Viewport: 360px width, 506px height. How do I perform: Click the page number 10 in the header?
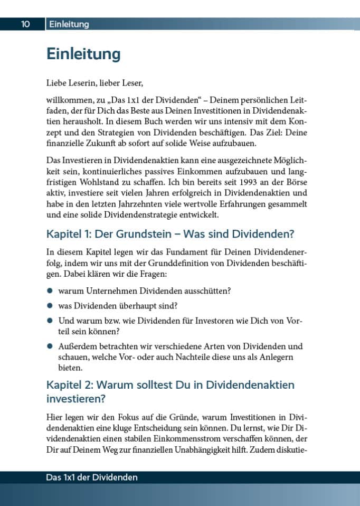[25, 24]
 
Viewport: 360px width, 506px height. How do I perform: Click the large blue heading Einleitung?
[83, 54]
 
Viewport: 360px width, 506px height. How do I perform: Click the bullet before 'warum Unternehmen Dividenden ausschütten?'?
[50, 291]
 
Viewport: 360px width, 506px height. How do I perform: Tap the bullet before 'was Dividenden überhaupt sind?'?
[50, 305]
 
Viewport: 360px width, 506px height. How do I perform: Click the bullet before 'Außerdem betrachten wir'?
[50, 346]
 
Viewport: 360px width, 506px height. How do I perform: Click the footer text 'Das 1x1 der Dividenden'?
[92, 477]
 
